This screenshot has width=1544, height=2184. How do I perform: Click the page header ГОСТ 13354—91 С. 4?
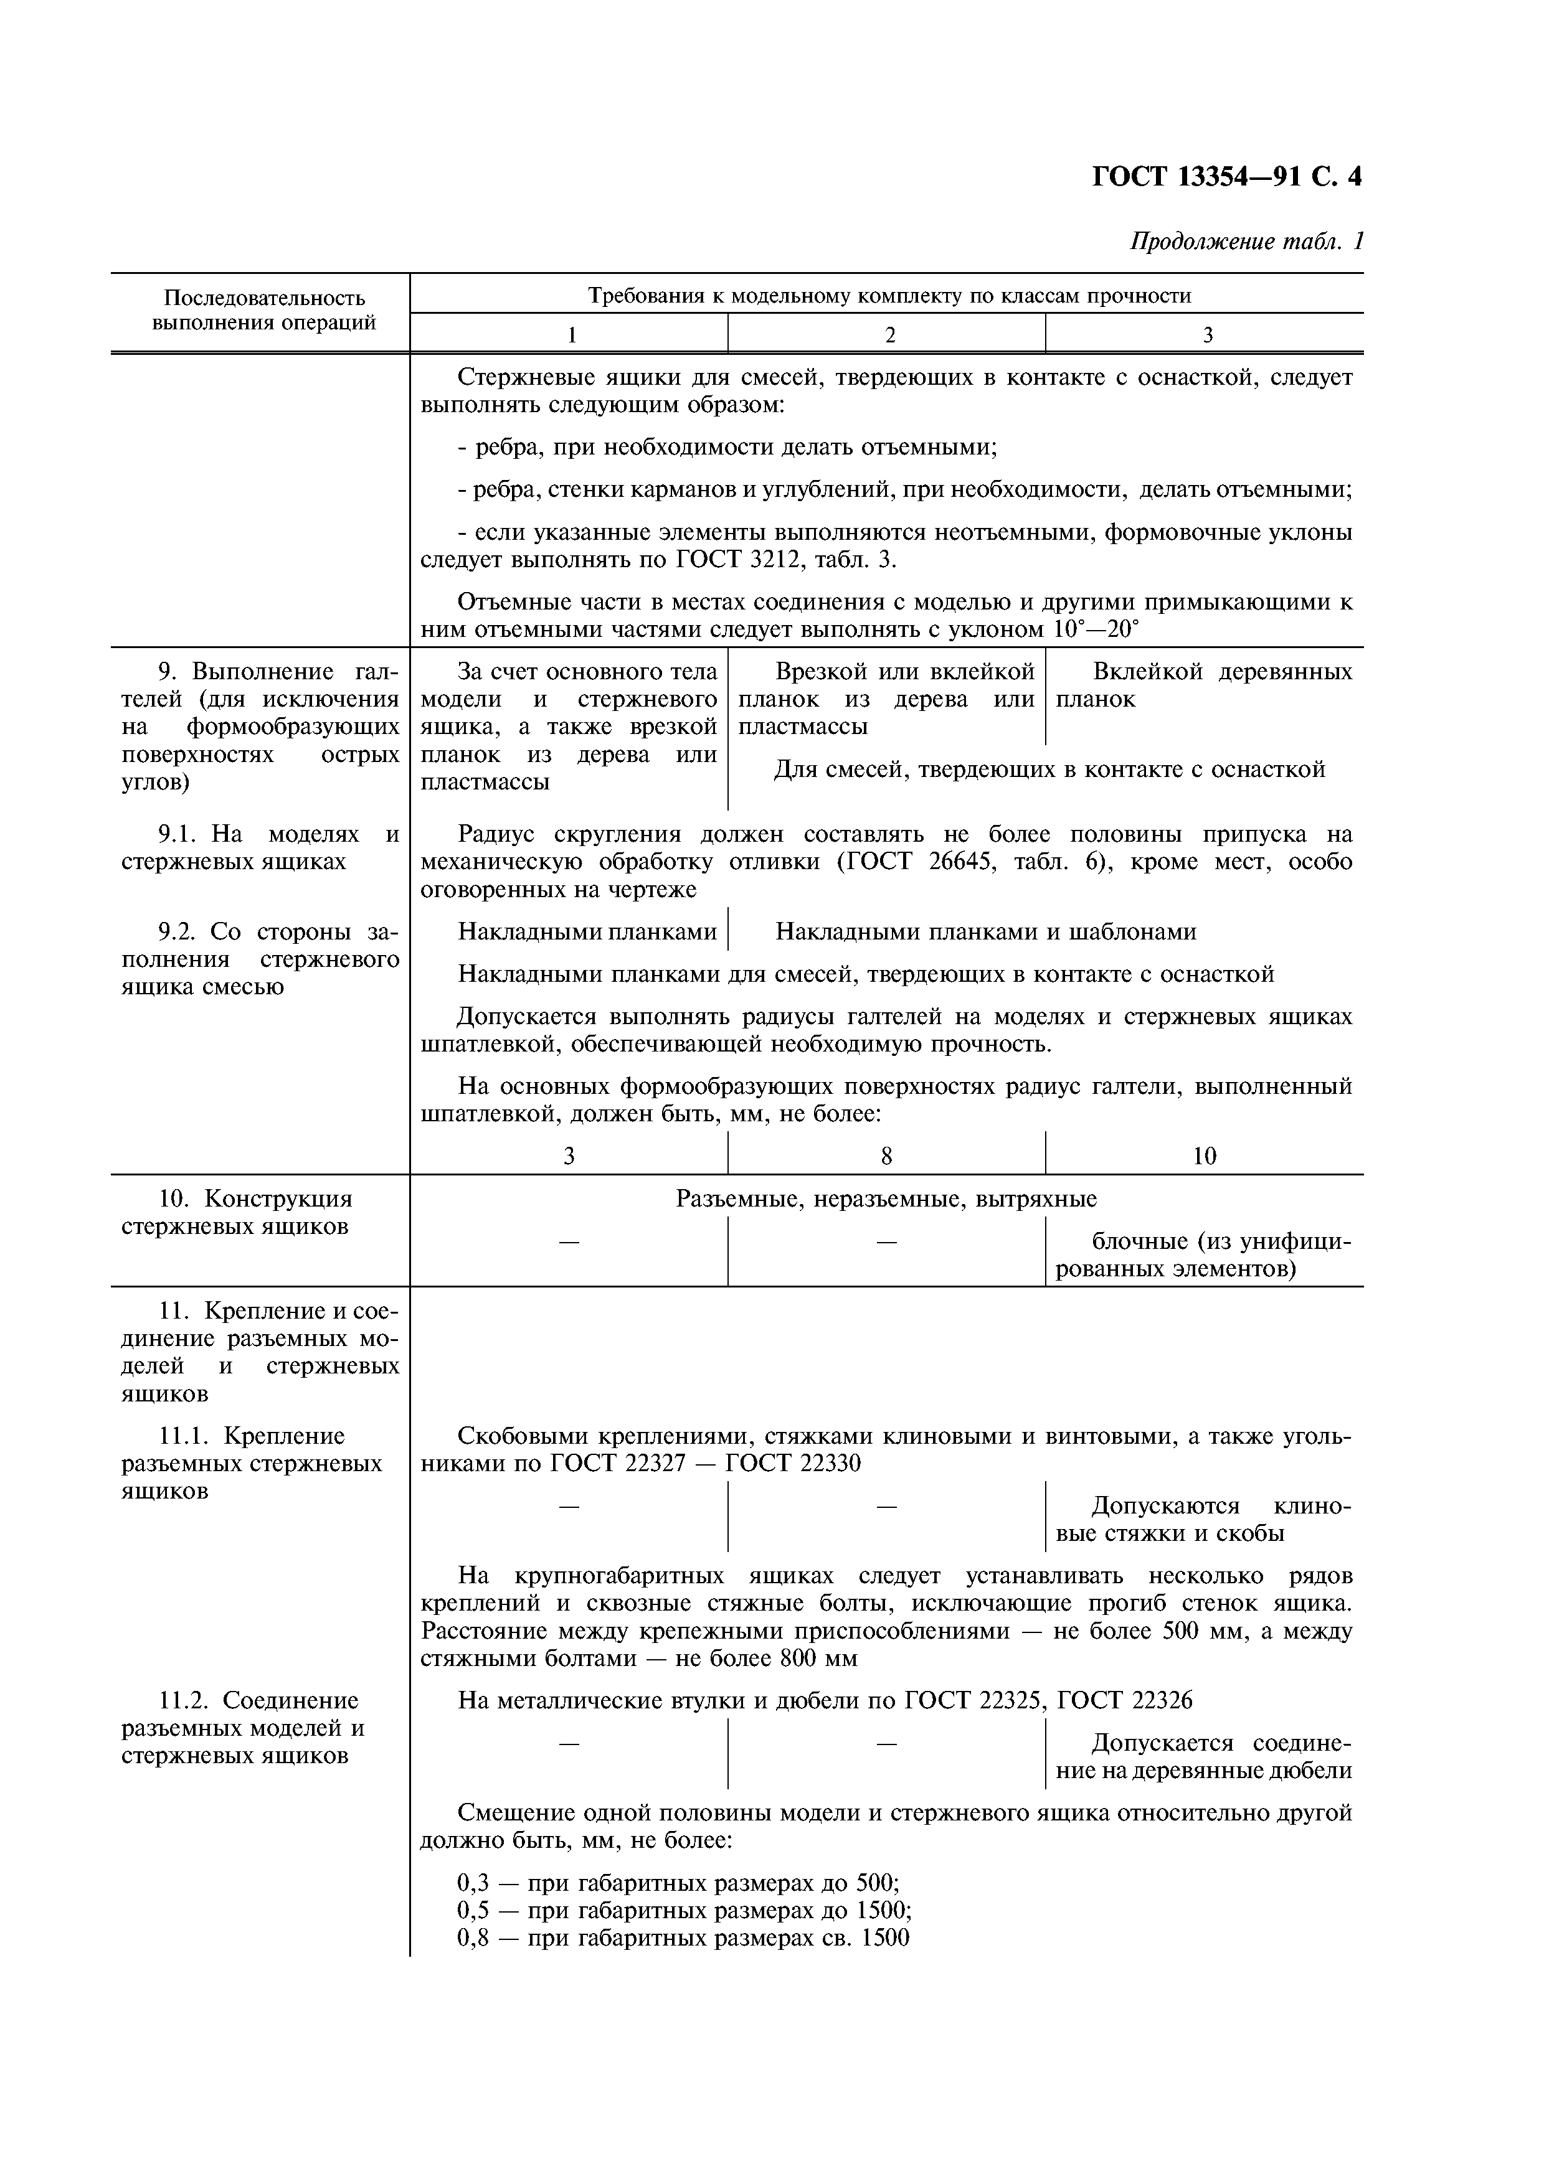1225,178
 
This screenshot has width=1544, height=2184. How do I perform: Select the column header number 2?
889,335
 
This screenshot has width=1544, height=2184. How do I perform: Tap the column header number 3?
1206,335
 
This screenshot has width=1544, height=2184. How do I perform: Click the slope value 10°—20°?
1095,629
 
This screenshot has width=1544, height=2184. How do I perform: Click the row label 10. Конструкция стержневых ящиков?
236,1212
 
